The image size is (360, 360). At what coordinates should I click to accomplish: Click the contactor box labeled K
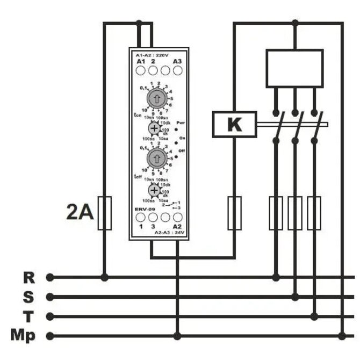pyautogui.click(x=234, y=124)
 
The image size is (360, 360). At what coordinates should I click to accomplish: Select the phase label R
pyautogui.click(x=29, y=277)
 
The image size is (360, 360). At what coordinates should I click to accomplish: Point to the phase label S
pyautogui.click(x=29, y=297)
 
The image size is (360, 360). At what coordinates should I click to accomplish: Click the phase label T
pyautogui.click(x=29, y=316)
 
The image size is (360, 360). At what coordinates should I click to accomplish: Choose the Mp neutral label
pyautogui.click(x=24, y=336)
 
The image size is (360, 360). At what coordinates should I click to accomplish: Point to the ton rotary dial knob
pyautogui.click(x=156, y=98)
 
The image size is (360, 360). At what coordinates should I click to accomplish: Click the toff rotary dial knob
pyautogui.click(x=156, y=157)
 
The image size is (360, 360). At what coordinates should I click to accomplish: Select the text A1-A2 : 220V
pyautogui.click(x=153, y=55)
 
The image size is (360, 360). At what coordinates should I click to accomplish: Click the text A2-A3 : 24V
pyautogui.click(x=170, y=233)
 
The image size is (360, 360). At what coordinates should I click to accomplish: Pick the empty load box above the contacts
pyautogui.click(x=294, y=68)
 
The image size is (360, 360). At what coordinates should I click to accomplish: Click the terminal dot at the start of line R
pyautogui.click(x=50, y=277)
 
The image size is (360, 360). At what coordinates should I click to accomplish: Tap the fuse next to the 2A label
pyautogui.click(x=105, y=213)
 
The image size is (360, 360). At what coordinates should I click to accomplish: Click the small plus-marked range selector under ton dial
pyautogui.click(x=154, y=128)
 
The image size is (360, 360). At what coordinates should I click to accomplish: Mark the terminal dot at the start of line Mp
pyautogui.click(x=50, y=336)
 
